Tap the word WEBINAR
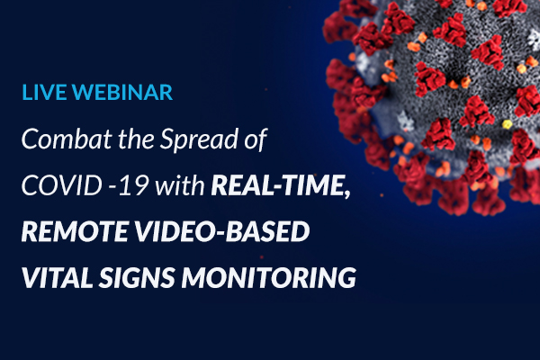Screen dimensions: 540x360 coord(122,92)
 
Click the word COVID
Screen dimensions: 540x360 coord(61,185)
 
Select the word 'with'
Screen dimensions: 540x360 coord(180,185)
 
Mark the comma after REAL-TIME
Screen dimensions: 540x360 coord(347,193)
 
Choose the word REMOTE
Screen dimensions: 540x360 coord(75,231)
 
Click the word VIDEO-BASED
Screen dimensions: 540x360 coord(221,231)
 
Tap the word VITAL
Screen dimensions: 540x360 coord(58,277)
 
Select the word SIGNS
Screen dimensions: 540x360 coord(137,277)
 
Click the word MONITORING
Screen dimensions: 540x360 coord(268,277)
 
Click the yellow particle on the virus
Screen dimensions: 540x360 coord(506,124)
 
